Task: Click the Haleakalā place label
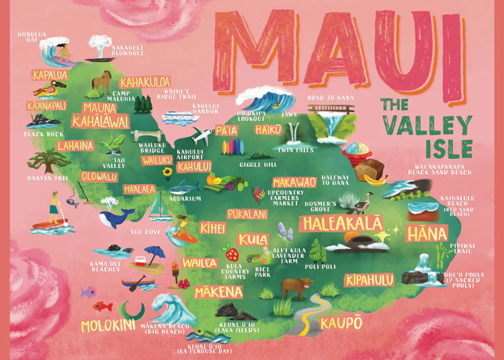342,223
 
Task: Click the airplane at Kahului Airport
201,136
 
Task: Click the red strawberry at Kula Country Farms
231,255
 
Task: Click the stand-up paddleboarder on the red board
55,210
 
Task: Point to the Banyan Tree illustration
48,162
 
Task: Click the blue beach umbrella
155,254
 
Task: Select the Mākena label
218,292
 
